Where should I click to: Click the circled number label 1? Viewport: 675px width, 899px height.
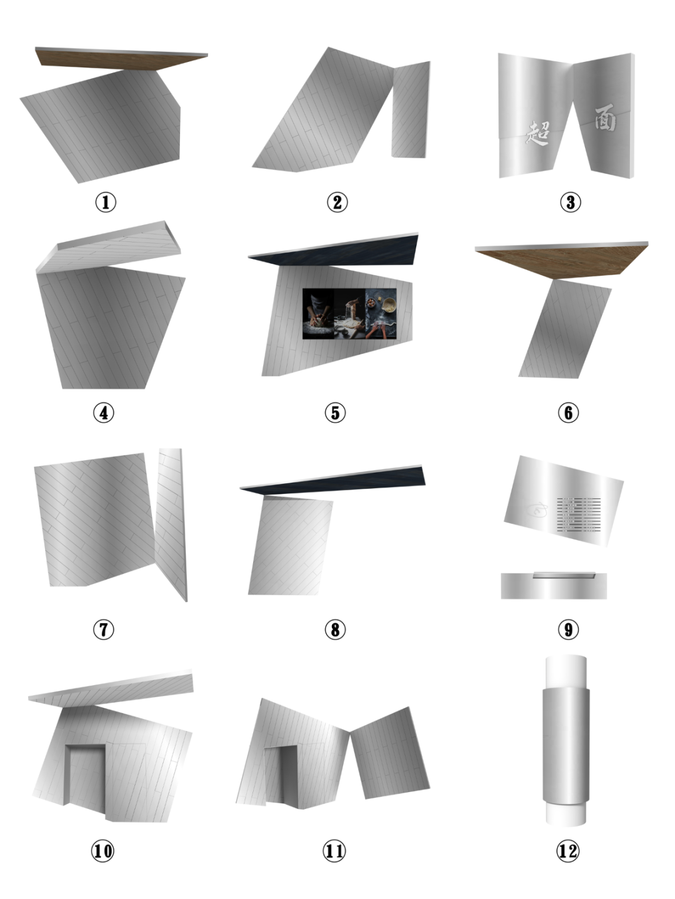(106, 202)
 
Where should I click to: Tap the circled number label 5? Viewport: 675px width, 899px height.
(335, 413)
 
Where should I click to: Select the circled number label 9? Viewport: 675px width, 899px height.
(568, 629)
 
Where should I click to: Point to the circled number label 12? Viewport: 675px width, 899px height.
(568, 851)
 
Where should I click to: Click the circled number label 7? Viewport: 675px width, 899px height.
(104, 629)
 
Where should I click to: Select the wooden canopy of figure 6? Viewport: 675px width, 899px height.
(562, 259)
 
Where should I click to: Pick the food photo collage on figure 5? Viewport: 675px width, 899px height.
(349, 314)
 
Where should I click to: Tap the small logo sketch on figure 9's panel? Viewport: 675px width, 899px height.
(537, 511)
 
